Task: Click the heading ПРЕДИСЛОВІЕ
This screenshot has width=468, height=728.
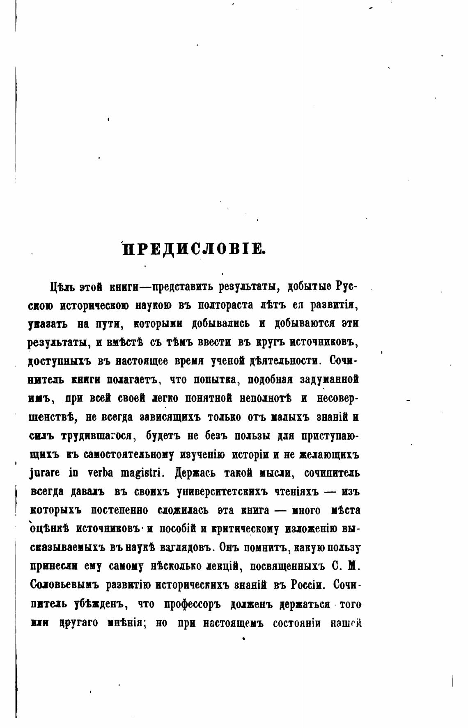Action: pyautogui.click(x=194, y=249)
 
